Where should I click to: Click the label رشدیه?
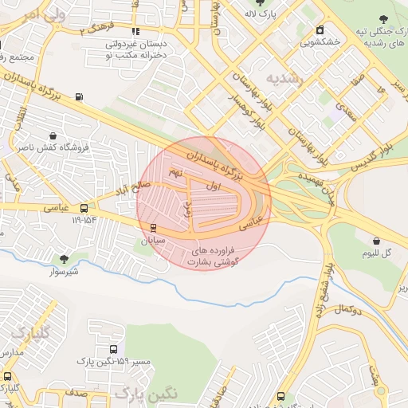click(x=284, y=79)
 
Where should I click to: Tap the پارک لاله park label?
click(x=259, y=14)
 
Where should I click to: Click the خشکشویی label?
click(x=320, y=41)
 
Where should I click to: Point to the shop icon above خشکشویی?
click(x=320, y=29)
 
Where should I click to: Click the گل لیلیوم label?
click(x=377, y=253)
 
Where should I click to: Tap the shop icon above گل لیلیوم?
click(x=376, y=240)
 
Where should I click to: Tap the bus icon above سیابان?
click(x=154, y=227)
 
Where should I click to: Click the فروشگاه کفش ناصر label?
click(x=52, y=147)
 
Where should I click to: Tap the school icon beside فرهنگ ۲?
click(x=134, y=30)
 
